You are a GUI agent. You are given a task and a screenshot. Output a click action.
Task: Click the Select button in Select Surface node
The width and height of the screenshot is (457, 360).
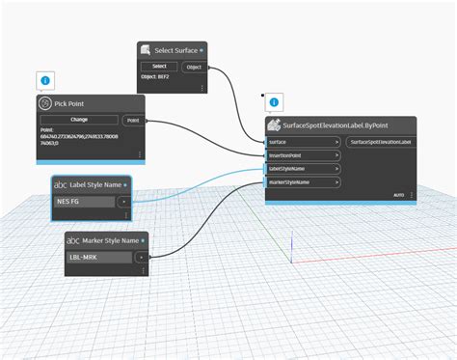(x=159, y=67)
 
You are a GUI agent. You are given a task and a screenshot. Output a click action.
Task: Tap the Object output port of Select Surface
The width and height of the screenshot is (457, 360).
(x=193, y=67)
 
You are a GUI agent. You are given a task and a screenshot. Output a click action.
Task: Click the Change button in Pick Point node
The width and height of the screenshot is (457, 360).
(x=80, y=120)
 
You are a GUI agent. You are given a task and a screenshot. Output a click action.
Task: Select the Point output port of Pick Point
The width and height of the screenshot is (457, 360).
(x=132, y=120)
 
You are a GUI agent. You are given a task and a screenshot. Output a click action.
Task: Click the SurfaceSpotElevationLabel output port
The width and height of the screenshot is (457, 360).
(x=380, y=142)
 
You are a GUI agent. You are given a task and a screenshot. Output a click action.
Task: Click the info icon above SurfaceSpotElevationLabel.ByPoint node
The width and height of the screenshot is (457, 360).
(x=275, y=101)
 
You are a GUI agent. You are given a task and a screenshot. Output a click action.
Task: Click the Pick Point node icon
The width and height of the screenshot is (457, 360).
(x=44, y=103)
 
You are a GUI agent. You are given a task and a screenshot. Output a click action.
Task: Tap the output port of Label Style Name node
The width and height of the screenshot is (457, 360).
(x=122, y=202)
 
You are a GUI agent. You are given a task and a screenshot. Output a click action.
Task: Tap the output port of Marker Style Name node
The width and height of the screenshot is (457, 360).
(x=141, y=257)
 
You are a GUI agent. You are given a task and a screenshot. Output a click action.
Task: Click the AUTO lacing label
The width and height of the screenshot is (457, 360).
(x=398, y=195)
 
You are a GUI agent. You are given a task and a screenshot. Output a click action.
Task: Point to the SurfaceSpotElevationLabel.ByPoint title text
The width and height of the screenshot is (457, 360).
(x=336, y=125)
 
